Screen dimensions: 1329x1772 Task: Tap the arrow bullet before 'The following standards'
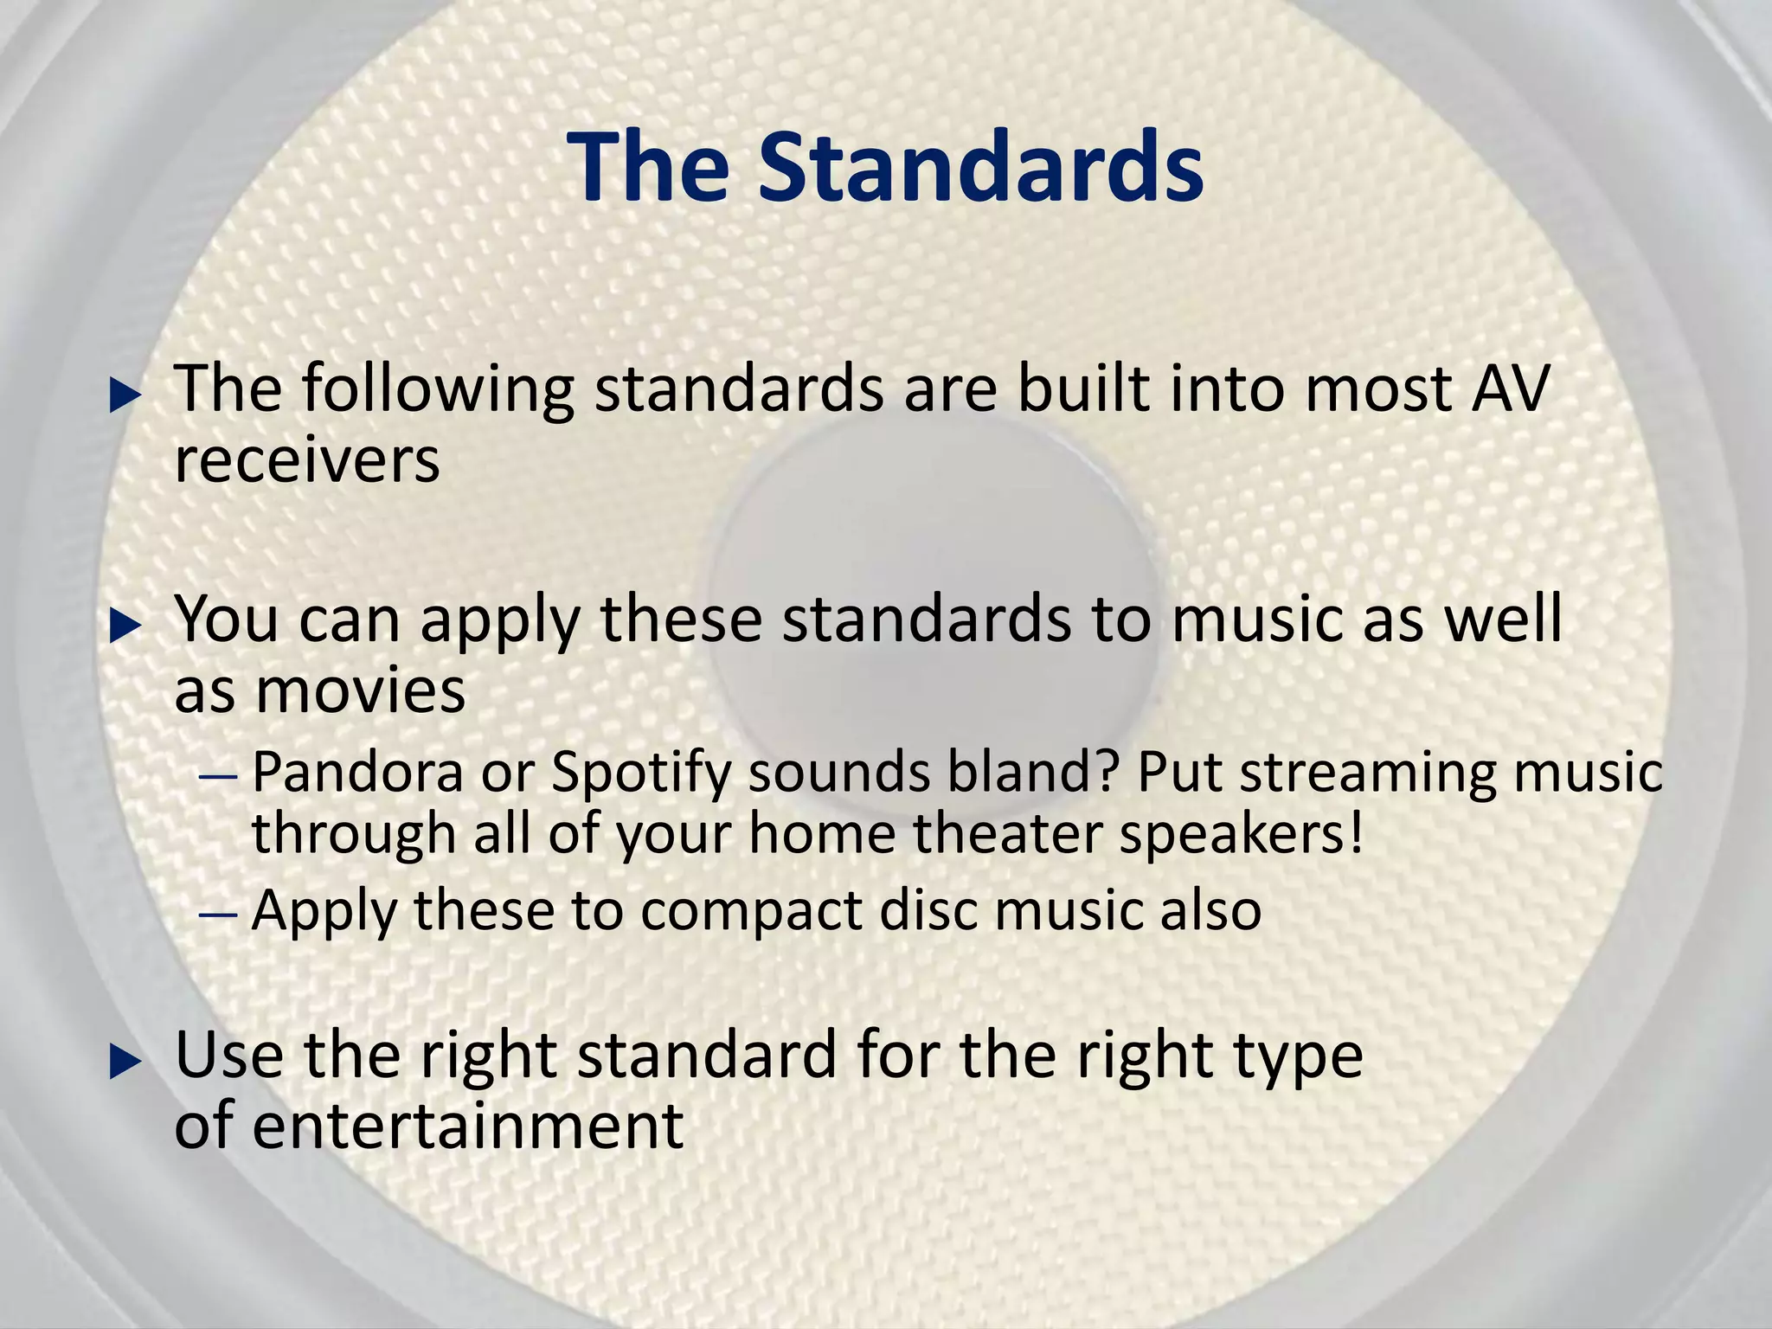click(x=125, y=397)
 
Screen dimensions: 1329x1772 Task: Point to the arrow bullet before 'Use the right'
click(x=125, y=1063)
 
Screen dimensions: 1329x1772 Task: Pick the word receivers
click(x=307, y=460)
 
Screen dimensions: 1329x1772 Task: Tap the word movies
click(x=360, y=692)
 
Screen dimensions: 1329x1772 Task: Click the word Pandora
click(x=358, y=772)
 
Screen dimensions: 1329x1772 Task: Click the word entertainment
click(x=468, y=1126)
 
